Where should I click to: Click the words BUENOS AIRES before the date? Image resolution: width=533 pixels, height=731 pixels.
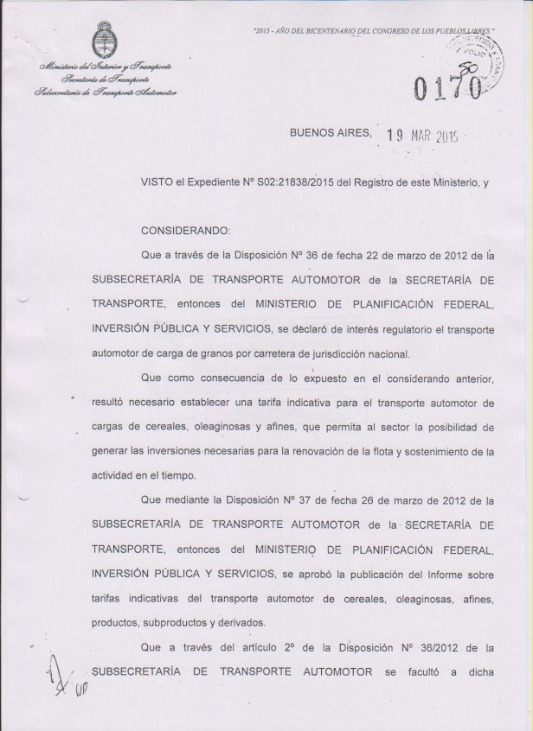tap(330, 133)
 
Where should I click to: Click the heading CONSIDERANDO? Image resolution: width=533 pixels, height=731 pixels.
tap(186, 231)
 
